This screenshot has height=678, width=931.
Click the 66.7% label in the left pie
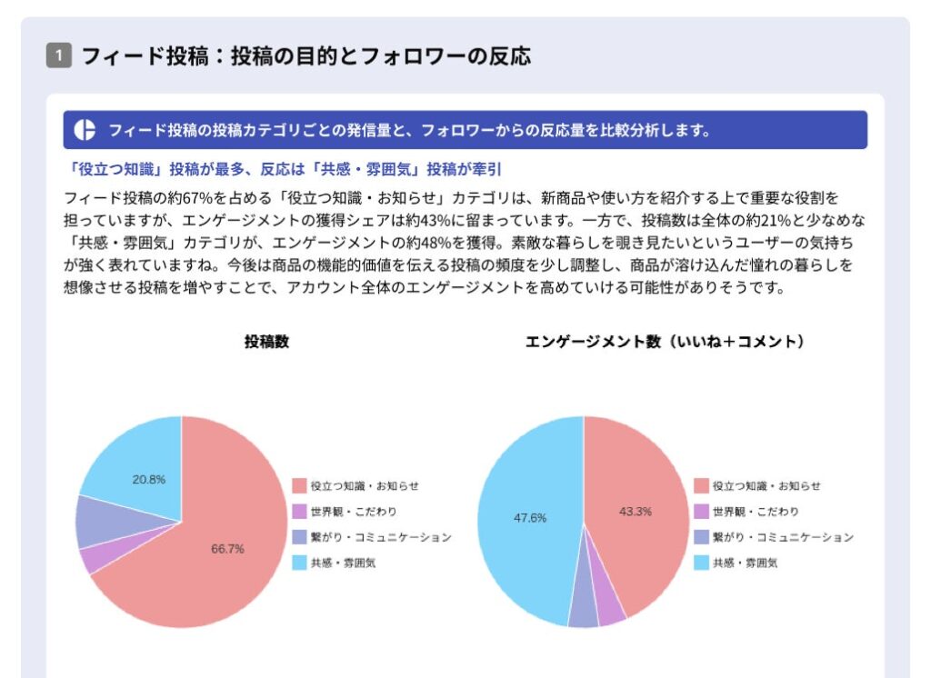pyautogui.click(x=227, y=549)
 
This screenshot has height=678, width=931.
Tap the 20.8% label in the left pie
pyautogui.click(x=149, y=480)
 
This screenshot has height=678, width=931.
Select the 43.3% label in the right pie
pyautogui.click(x=636, y=512)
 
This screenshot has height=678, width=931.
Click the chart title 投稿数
pyautogui.click(x=266, y=342)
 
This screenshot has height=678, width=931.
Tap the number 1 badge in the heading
pyautogui.click(x=57, y=56)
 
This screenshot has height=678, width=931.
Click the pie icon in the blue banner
pyautogui.click(x=85, y=130)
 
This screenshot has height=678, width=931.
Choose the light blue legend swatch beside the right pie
pyautogui.click(x=700, y=563)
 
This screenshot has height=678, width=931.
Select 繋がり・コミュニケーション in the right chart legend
pyautogui.click(x=783, y=537)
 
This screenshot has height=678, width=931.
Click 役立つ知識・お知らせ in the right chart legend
pyautogui.click(x=766, y=486)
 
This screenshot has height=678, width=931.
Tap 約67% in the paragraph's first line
pyautogui.click(x=193, y=196)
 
